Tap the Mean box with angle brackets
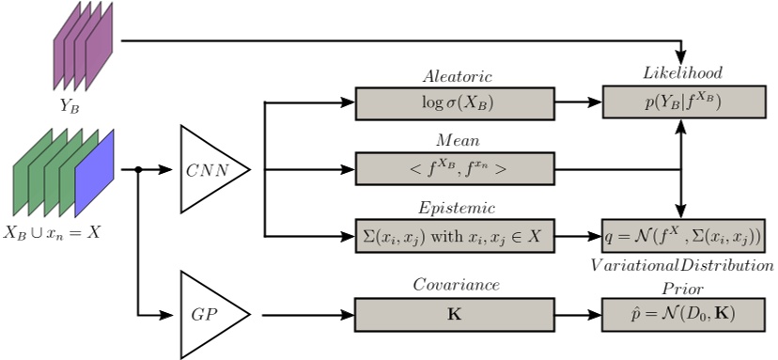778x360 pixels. pyautogui.click(x=455, y=170)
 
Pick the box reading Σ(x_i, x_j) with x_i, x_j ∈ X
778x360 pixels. pyautogui.click(x=455, y=236)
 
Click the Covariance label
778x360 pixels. pyautogui.click(x=456, y=284)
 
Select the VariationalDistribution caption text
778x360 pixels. pyautogui.click(x=682, y=267)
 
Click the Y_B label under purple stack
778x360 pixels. pyautogui.click(x=70, y=106)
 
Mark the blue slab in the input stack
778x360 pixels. pyautogui.click(x=93, y=175)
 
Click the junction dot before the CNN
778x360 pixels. pyautogui.click(x=139, y=170)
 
